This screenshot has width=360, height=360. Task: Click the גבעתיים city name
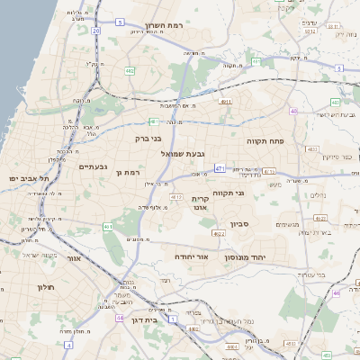click(x=94, y=166)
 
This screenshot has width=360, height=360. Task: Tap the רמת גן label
click(x=130, y=172)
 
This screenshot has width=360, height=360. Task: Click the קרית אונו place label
click(x=200, y=202)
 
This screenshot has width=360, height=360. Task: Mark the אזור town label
click(x=74, y=258)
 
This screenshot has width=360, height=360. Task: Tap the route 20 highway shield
click(x=96, y=31)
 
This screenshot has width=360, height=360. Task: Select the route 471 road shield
click(x=220, y=167)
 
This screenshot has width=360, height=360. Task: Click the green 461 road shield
click(x=107, y=227)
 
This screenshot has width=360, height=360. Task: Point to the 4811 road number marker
click(x=225, y=103)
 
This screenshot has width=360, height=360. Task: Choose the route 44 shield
click(x=120, y=318)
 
